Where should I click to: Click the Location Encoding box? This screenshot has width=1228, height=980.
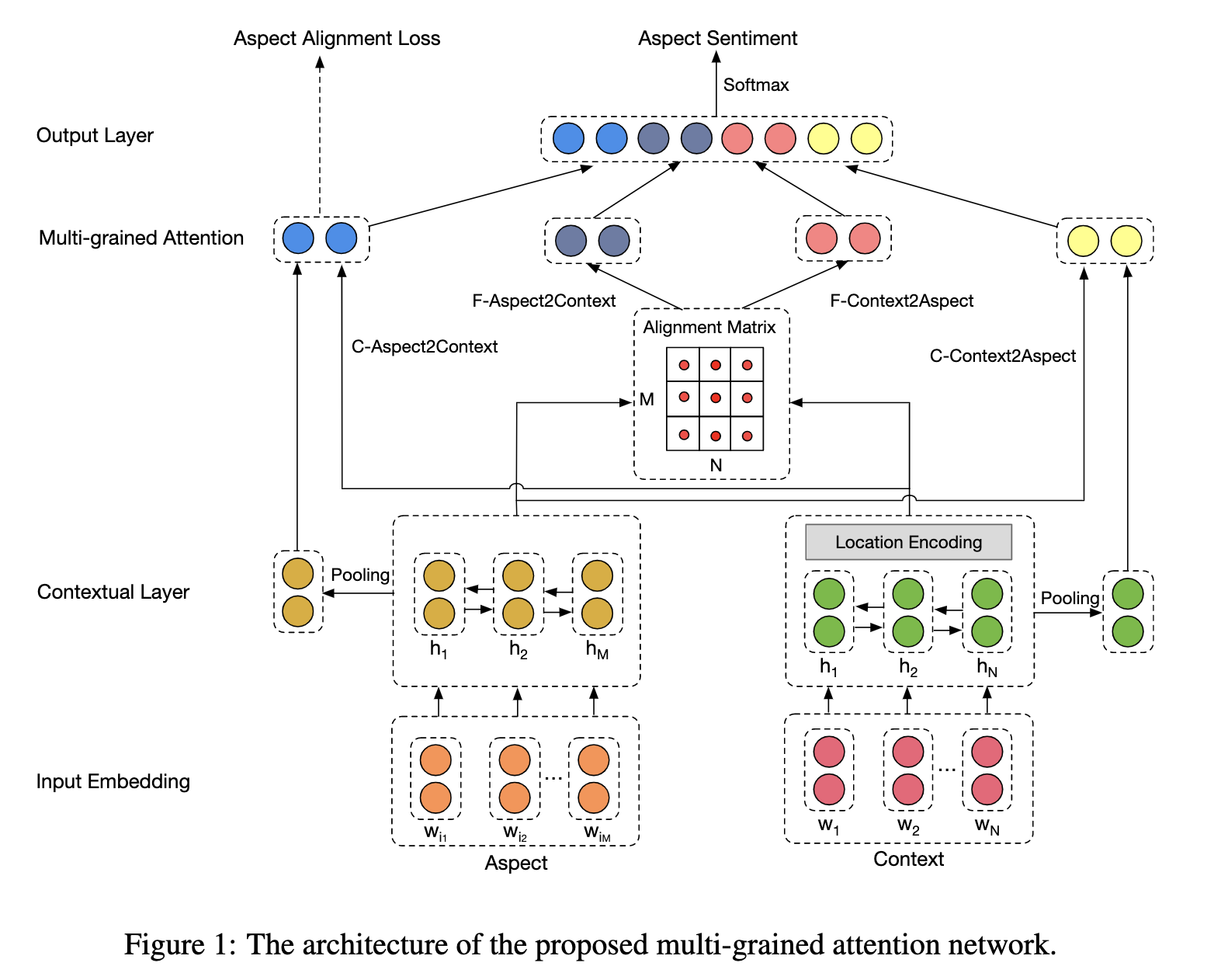pos(908,542)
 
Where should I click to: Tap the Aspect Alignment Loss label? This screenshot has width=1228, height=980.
pos(336,38)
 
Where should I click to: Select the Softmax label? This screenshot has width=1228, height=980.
pos(755,85)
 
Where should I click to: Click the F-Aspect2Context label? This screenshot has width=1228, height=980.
pos(543,301)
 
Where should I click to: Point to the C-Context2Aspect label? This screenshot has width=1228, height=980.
pos(1002,356)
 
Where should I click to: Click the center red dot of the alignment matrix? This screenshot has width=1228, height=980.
pos(715,398)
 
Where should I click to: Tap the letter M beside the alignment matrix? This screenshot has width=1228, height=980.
pos(647,399)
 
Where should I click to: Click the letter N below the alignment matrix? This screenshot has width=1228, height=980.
pos(716,465)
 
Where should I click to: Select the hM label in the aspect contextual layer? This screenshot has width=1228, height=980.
pos(596,649)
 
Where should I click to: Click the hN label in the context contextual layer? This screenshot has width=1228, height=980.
pos(987,667)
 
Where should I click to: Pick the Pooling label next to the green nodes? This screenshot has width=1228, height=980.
pos(1069,598)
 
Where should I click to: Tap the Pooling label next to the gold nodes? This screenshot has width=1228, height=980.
pos(359,575)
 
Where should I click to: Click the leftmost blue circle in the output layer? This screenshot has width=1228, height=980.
pos(568,139)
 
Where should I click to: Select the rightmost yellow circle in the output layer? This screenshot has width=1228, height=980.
pos(866,139)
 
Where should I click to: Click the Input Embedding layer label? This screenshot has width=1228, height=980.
pos(113,781)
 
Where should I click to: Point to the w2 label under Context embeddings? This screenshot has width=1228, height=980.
pos(907,825)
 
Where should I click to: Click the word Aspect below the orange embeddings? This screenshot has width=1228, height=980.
pos(515,863)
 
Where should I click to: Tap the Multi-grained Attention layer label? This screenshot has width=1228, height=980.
pos(140,238)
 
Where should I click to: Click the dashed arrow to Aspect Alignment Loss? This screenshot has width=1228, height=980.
pos(320,140)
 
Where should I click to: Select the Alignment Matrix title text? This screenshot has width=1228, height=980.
pos(709,327)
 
